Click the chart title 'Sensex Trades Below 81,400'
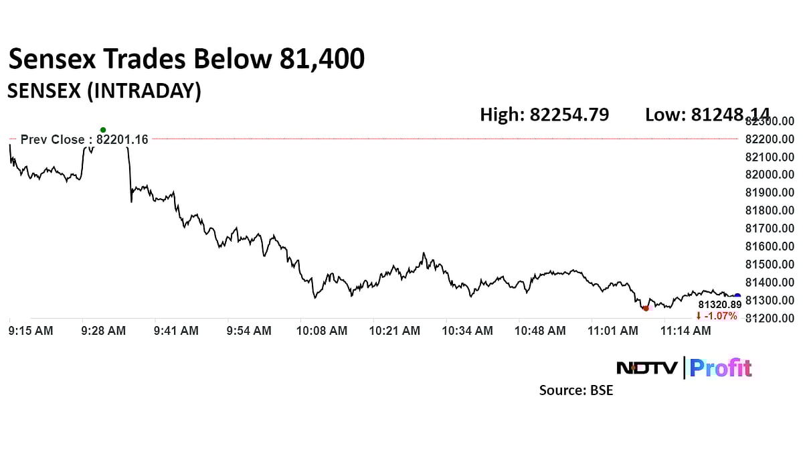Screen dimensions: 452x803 pyautogui.click(x=186, y=60)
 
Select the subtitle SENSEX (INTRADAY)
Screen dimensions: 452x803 pyautogui.click(x=104, y=91)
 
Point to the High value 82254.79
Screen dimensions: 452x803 pyautogui.click(x=544, y=115)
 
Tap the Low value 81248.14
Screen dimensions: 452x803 pyautogui.click(x=707, y=115)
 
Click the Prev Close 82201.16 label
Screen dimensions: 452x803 pyautogui.click(x=84, y=139)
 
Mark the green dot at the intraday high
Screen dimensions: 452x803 pyautogui.click(x=102, y=130)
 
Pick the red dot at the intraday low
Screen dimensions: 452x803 pyautogui.click(x=646, y=308)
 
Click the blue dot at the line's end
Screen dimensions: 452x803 pyautogui.click(x=737, y=296)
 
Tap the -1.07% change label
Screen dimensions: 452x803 pyautogui.click(x=717, y=315)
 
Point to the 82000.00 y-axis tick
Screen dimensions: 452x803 pyautogui.click(x=770, y=175)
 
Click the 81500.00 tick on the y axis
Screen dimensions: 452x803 pyautogui.click(x=770, y=265)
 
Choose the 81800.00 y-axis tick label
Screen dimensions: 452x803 pyautogui.click(x=770, y=210)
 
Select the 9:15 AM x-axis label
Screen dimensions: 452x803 pyautogui.click(x=31, y=331)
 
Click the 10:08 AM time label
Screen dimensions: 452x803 pyautogui.click(x=323, y=331)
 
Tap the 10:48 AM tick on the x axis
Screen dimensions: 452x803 pyautogui.click(x=540, y=331)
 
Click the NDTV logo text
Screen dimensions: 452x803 pyautogui.click(x=646, y=368)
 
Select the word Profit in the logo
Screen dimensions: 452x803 pyautogui.click(x=721, y=368)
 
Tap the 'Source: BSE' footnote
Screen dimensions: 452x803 pyautogui.click(x=576, y=390)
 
